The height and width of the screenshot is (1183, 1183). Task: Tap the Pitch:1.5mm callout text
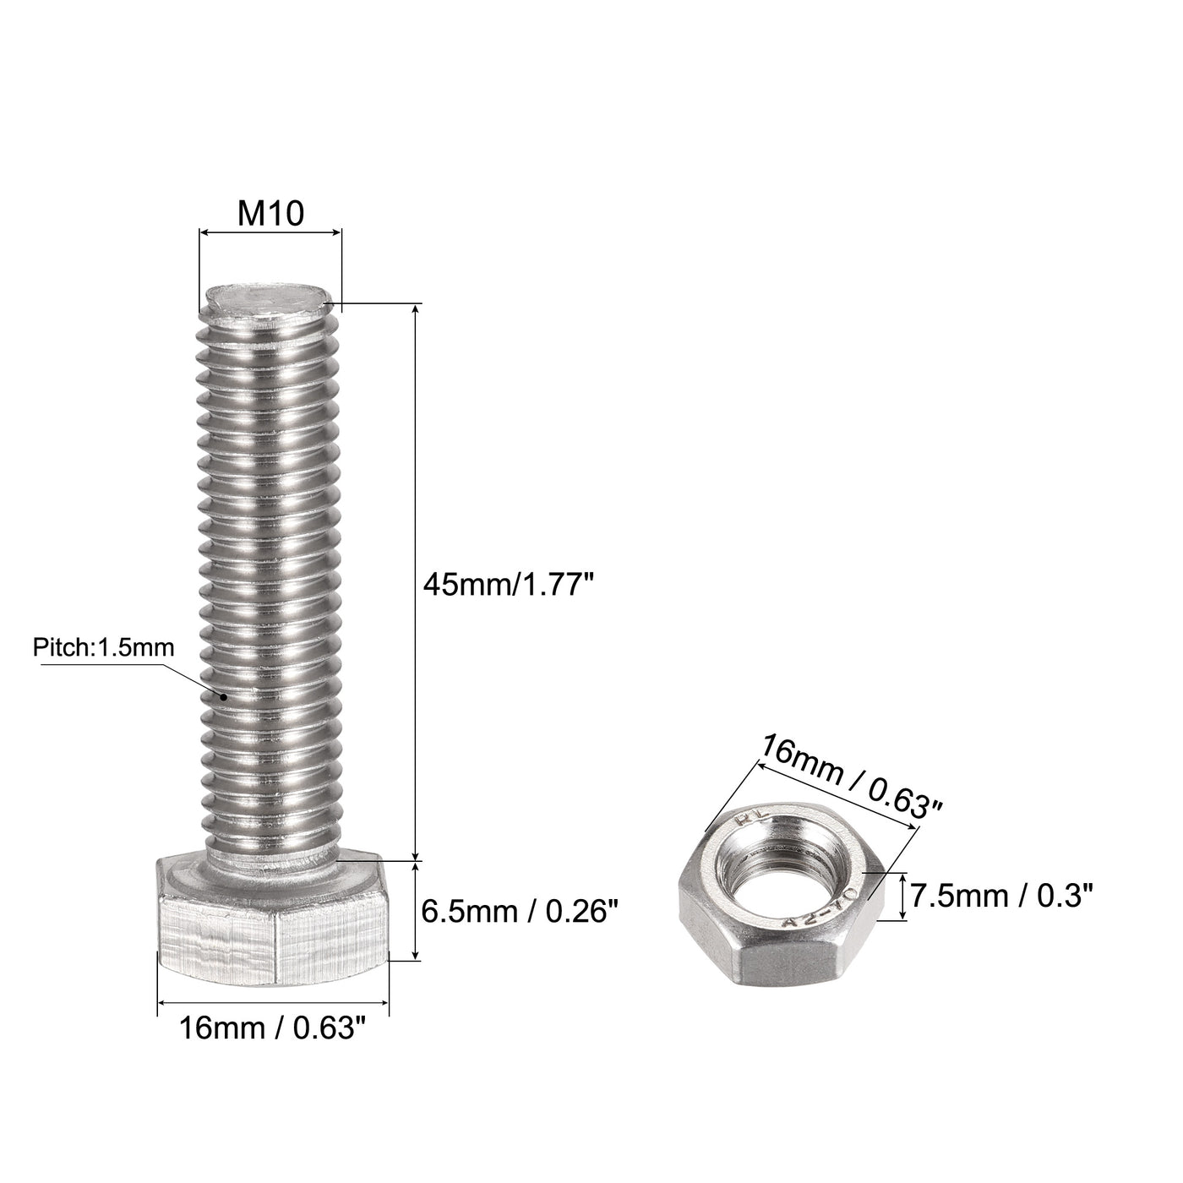(x=103, y=648)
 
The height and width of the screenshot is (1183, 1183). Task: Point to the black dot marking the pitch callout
(x=224, y=697)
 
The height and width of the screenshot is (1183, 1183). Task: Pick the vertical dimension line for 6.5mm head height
(x=415, y=910)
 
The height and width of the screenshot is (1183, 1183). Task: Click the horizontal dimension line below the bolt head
(x=272, y=1003)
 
